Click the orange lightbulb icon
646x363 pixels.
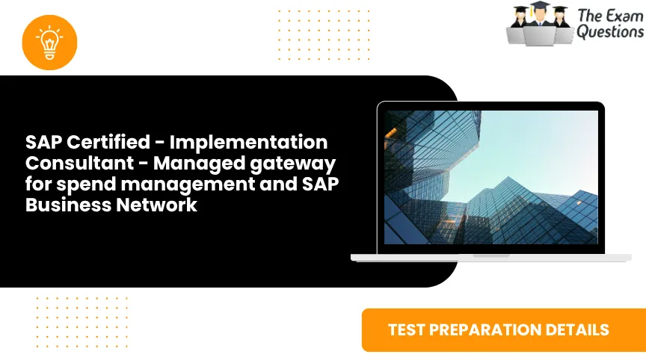click(50, 42)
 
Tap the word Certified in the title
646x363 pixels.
click(101, 142)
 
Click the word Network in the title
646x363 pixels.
click(156, 205)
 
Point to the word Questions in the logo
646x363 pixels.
click(609, 31)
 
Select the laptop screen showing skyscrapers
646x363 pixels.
click(491, 177)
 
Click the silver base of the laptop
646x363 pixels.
click(491, 257)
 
